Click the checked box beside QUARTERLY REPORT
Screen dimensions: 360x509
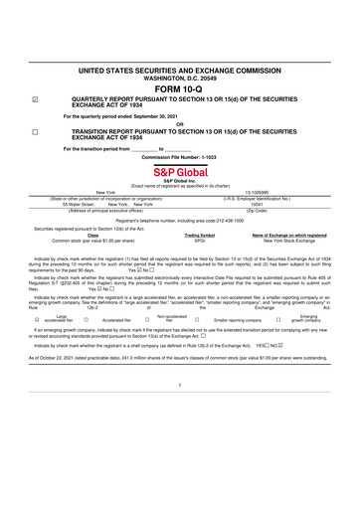pyautogui.click(x=36, y=100)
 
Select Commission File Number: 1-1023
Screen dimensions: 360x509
pyautogui.click(x=179, y=157)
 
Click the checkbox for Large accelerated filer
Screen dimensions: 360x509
pyautogui.click(x=37, y=320)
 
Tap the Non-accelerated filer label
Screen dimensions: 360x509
pyautogui.click(x=171, y=319)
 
